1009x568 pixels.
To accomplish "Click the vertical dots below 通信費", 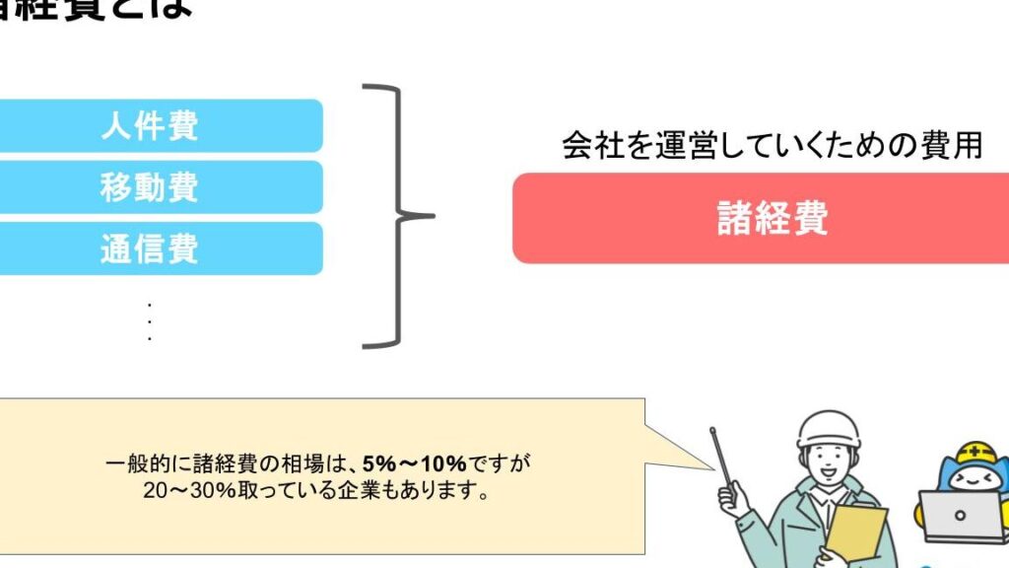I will point(149,321).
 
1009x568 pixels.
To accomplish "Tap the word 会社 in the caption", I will point(583,146).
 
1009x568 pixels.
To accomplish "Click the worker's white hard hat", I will point(828,430).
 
